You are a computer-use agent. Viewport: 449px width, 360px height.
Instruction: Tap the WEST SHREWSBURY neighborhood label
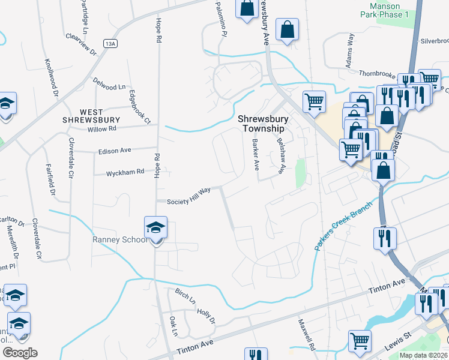tap(91, 115)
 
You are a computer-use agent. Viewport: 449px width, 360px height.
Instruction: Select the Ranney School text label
tap(119, 240)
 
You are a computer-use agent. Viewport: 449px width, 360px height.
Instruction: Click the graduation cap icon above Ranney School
tap(155, 228)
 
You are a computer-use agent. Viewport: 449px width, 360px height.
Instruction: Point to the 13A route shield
tap(109, 44)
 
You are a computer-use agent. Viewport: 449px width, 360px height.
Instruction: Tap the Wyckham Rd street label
tap(125, 172)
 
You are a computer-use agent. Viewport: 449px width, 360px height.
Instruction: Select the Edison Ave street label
tap(115, 151)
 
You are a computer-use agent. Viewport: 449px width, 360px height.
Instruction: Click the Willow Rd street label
tap(101, 129)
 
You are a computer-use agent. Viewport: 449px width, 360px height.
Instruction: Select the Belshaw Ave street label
tap(280, 154)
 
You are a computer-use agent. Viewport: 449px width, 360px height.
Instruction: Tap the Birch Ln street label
tap(184, 296)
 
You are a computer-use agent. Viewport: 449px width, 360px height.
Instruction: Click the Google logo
tap(20, 353)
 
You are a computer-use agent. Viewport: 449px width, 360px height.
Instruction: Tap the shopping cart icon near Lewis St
tap(359, 341)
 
